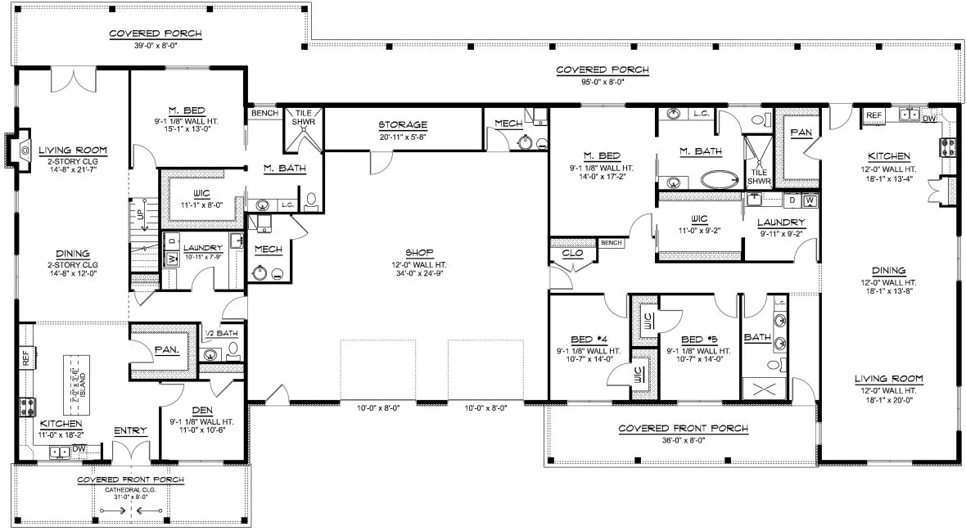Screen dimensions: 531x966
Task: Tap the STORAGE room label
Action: [402, 125]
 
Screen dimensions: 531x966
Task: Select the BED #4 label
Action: [587, 340]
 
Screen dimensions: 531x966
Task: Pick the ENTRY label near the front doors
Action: [130, 431]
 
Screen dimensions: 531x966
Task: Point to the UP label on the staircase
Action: [139, 214]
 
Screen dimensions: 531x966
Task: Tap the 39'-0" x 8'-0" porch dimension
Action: [156, 45]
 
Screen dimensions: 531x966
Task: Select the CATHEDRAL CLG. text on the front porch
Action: [130, 489]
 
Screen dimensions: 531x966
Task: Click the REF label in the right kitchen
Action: [873, 115]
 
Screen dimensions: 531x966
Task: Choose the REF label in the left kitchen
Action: [25, 358]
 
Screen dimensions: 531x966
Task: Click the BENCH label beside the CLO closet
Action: [611, 243]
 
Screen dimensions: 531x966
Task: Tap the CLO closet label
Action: [572, 254]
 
